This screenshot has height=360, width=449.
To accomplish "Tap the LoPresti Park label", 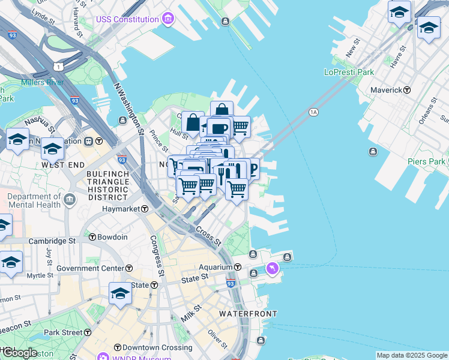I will (x=349, y=72).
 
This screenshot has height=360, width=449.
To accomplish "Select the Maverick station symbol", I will (x=407, y=90).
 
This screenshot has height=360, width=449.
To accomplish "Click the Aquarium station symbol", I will (x=238, y=267).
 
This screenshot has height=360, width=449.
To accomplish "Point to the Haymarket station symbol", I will (x=145, y=209).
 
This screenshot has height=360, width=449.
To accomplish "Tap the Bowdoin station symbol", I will (x=92, y=237).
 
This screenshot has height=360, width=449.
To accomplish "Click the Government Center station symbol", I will (x=128, y=268).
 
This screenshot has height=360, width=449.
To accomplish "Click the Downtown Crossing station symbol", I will (x=118, y=347).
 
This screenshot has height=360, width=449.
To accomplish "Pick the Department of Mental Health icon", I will (x=70, y=199).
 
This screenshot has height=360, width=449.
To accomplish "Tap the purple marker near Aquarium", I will (x=273, y=268).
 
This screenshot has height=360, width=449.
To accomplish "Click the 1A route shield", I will (x=313, y=112).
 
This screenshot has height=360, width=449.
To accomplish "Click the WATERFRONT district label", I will (x=248, y=314).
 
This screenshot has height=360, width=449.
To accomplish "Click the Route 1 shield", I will (x=58, y=65).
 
